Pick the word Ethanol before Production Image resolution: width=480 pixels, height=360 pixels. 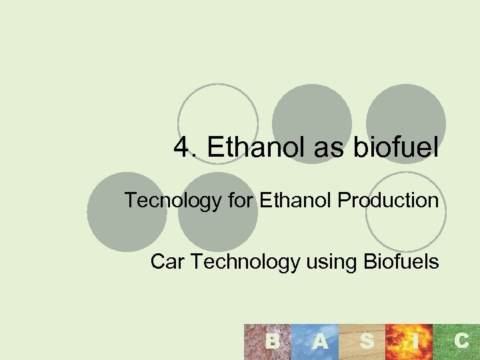click(x=297, y=200)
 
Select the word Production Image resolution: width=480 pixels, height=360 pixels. click(x=389, y=200)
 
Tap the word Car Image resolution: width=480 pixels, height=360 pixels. click(x=167, y=262)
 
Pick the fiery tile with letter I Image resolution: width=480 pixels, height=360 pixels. click(x=414, y=342)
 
